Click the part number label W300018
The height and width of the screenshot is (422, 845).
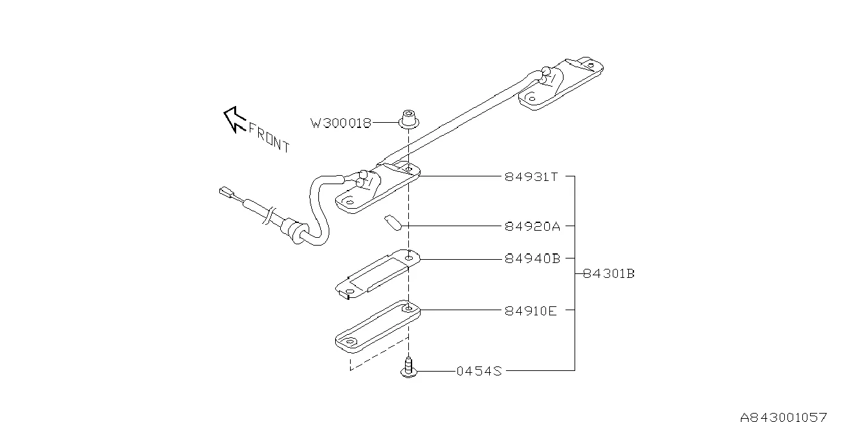point(341,123)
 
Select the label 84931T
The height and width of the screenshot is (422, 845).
point(531,176)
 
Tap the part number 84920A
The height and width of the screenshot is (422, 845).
point(532,226)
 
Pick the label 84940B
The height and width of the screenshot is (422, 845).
point(532,258)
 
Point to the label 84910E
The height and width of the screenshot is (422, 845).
point(531,310)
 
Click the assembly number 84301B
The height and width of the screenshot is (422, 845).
point(608,273)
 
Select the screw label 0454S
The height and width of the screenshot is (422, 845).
point(479,371)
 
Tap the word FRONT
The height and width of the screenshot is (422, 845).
point(269,137)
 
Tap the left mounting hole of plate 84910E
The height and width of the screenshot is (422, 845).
point(349,342)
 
